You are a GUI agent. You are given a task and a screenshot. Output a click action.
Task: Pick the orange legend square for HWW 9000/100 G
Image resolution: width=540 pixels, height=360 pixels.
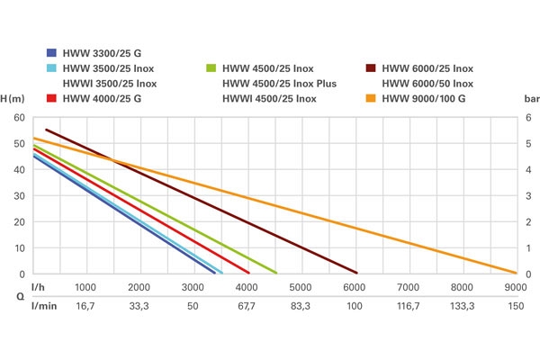pos(371,98)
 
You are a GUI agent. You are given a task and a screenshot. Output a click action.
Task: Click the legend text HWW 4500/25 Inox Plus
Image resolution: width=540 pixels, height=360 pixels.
pos(280,84)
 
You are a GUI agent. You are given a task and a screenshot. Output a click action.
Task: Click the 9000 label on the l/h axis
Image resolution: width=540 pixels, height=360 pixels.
pos(515,287)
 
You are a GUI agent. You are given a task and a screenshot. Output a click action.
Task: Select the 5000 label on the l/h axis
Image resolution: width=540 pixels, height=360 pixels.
pos(300,287)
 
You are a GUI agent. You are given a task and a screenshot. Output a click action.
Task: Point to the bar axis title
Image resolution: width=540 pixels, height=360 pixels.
pos(529,99)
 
